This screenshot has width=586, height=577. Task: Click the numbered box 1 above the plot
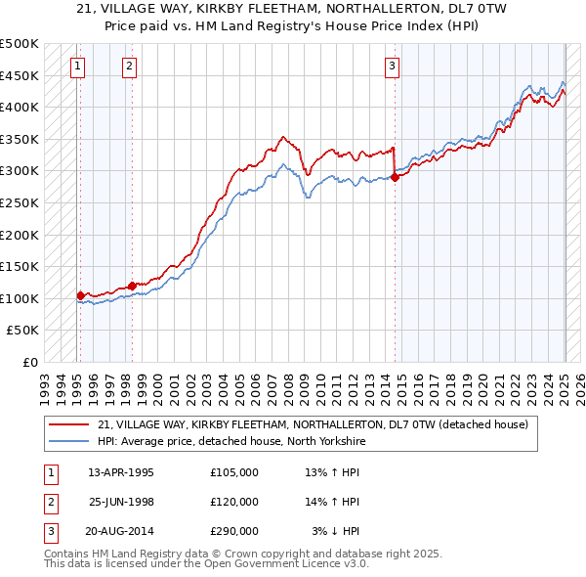pos(77,67)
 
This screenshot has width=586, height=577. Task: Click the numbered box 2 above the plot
pos(129,67)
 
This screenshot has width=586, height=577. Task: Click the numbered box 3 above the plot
pos(392,67)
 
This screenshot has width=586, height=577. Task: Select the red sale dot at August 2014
pos(396,177)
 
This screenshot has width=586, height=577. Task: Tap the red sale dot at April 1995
pos(80,294)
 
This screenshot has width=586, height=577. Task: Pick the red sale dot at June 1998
pos(132,286)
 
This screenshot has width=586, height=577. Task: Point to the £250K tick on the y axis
pos(20,202)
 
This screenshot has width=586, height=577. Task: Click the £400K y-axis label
pos(20,107)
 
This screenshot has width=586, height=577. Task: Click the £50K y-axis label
pos(23,331)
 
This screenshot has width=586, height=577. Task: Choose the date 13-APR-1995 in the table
pos(121,471)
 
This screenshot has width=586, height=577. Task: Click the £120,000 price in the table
pos(234,501)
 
